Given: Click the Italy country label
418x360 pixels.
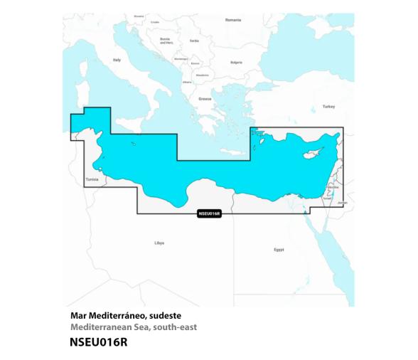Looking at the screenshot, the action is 117,60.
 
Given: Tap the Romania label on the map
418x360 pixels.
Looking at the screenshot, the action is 233,20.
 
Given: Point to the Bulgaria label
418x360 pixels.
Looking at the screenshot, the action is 237,62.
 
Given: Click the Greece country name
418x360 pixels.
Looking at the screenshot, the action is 205,99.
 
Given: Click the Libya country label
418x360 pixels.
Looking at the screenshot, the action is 159,243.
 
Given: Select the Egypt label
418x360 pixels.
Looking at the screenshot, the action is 279,250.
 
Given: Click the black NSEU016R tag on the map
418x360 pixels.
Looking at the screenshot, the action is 208,213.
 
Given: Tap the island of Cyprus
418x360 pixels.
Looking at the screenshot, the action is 314,155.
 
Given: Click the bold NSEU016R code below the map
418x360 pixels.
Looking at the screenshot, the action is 100,342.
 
